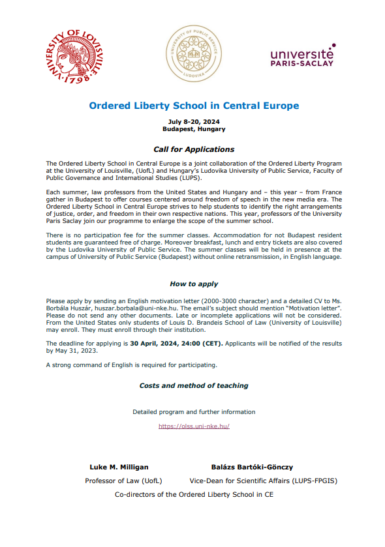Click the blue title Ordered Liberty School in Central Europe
click(x=194, y=105)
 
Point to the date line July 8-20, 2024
click(x=194, y=122)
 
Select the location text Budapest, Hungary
click(x=194, y=129)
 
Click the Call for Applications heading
click(x=194, y=149)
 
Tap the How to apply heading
click(x=194, y=284)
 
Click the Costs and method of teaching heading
click(x=194, y=385)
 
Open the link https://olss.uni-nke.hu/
click(x=194, y=426)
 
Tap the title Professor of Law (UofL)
click(x=123, y=481)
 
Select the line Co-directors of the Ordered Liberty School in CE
click(x=194, y=495)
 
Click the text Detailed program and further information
click(x=194, y=412)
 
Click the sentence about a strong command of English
click(x=131, y=364)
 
